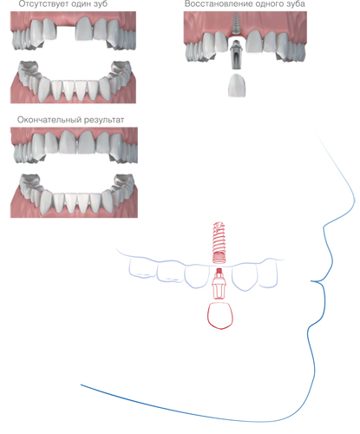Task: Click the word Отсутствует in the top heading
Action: (x=43, y=4)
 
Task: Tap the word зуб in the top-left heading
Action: (x=100, y=4)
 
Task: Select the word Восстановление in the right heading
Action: (x=214, y=4)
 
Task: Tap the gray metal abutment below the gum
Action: (x=236, y=55)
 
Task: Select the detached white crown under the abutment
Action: (x=238, y=85)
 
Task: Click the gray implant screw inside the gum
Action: (x=236, y=23)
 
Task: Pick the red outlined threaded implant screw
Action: (x=219, y=242)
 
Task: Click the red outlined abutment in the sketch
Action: (x=219, y=284)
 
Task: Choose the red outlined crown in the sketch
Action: (x=220, y=315)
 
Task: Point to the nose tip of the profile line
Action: (x=355, y=200)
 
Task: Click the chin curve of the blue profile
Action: (x=311, y=341)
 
